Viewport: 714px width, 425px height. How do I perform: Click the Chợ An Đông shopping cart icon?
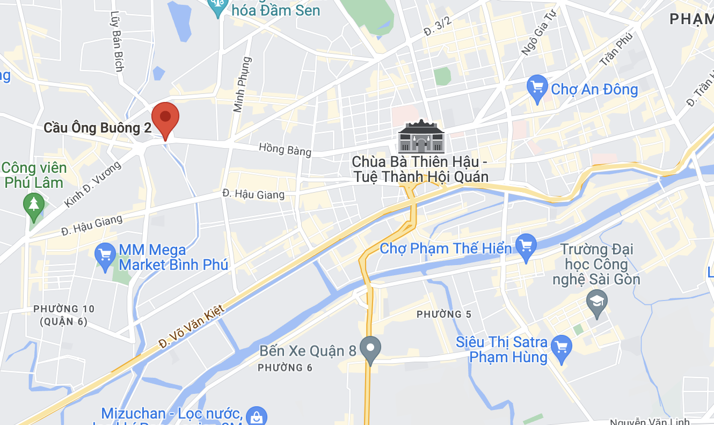coord(537,89)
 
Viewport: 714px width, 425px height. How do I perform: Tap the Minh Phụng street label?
coord(242,84)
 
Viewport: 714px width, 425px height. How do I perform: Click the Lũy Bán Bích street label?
coord(116,41)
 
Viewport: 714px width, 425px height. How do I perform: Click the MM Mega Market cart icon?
coord(104,256)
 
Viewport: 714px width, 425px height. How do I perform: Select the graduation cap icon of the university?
coord(596,303)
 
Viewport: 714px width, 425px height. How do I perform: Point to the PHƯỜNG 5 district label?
coord(443,314)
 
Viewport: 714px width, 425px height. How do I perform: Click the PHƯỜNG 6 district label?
coord(285,368)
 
